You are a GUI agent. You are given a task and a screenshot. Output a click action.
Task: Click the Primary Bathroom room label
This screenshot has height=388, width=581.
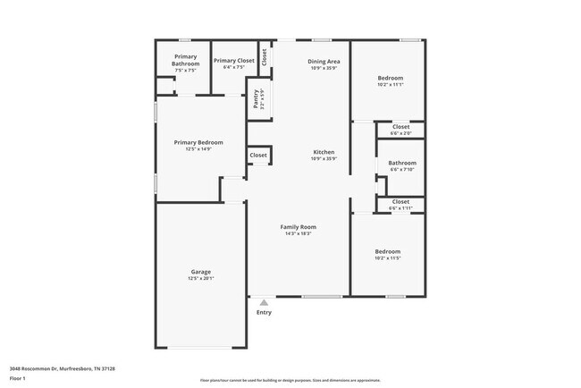pos(186,60)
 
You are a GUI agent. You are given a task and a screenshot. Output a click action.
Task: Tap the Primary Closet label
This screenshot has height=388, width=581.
pos(234,60)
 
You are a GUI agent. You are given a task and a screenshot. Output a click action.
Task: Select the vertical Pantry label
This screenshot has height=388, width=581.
pos(256,97)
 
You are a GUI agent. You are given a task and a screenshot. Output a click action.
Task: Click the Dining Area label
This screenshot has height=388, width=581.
pos(324,62)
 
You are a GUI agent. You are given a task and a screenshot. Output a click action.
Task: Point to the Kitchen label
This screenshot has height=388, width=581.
pos(324,152)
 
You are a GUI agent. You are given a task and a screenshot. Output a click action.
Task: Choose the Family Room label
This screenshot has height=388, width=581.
pos(299,227)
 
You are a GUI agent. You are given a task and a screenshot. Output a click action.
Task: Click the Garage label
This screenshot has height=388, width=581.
pos(200,272)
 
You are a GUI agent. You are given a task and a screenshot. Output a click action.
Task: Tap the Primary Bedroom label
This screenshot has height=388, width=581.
pos(198,142)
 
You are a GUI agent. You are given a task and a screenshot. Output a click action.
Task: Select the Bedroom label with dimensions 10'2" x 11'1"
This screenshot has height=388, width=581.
pos(390,78)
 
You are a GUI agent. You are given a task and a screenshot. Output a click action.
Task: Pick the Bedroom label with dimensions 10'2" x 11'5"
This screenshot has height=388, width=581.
pos(387,251)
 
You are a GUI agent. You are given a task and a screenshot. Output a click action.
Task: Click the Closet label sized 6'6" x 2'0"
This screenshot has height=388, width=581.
pos(400,127)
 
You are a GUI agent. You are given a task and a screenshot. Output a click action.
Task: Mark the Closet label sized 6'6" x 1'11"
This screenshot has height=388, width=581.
pos(400,202)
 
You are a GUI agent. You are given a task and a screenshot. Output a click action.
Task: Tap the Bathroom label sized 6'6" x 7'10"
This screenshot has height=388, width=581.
pos(401,163)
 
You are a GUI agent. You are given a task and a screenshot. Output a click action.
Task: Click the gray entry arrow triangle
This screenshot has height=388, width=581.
pos(264,303)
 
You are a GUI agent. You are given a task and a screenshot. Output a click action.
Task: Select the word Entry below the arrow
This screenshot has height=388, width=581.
pos(264,312)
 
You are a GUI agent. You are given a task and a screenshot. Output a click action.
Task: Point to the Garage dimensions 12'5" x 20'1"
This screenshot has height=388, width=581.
pos(200,278)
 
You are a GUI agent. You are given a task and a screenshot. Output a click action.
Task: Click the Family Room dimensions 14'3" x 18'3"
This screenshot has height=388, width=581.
pos(299,233)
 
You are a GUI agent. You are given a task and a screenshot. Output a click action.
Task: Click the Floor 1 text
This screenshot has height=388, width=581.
pos(19,377)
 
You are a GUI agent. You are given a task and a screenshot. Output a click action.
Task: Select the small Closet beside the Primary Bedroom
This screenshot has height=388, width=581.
pos(258,156)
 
